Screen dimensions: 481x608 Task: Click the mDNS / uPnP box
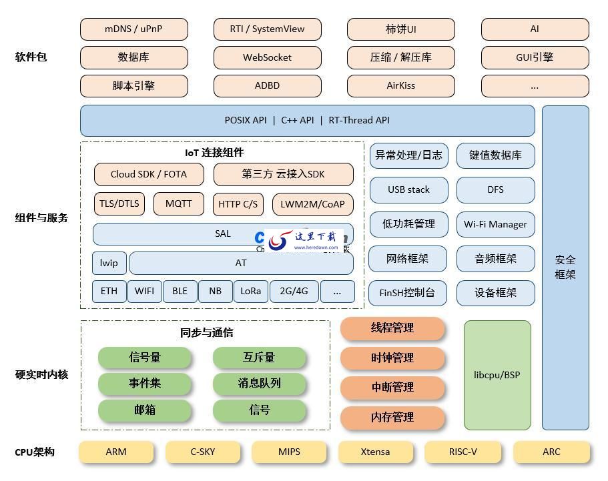(x=133, y=29)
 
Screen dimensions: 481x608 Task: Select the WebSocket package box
(x=267, y=57)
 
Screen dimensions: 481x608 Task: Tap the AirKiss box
(x=400, y=85)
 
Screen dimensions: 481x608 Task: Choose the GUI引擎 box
(x=535, y=57)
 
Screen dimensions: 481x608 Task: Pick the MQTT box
(x=178, y=204)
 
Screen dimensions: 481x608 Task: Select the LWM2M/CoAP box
(x=312, y=204)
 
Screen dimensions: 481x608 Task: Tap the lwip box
(x=109, y=264)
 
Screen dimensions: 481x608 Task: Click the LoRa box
(x=250, y=292)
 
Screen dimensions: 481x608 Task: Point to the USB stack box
(x=408, y=190)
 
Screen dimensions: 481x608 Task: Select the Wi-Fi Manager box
(x=495, y=225)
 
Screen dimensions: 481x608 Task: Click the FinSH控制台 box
(x=407, y=293)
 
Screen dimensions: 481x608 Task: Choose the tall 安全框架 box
(x=565, y=267)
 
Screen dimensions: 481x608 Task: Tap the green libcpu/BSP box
(x=497, y=375)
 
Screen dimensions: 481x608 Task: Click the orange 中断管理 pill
(x=392, y=388)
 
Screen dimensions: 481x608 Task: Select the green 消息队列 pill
(x=259, y=384)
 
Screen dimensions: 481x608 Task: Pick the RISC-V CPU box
(x=463, y=452)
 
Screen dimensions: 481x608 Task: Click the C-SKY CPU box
(x=203, y=452)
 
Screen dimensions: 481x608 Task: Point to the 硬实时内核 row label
(x=41, y=375)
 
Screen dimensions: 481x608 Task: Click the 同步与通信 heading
(x=206, y=332)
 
